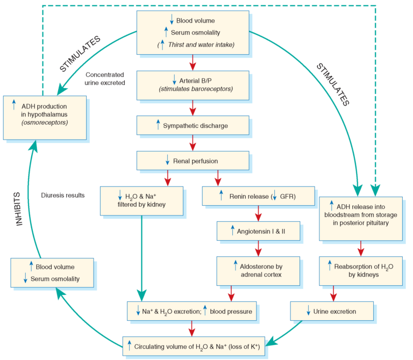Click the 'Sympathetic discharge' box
click(193, 126)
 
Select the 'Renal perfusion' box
click(193, 160)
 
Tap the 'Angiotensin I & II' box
click(258, 231)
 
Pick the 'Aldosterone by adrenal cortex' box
click(258, 270)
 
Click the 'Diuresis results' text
click(63, 195)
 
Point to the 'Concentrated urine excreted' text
click(105, 78)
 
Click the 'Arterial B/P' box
click(193, 85)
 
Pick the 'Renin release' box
click(258, 196)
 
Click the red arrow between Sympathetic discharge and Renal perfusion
click(193, 142)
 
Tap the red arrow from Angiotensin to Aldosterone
click(258, 247)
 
